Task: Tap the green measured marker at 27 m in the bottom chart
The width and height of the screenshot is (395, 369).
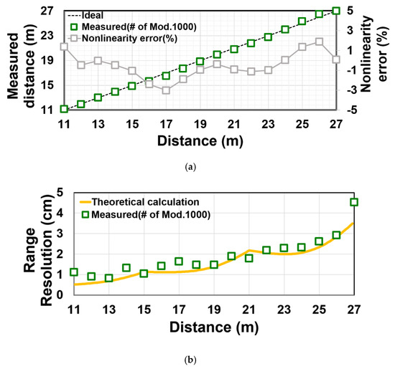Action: (353, 202)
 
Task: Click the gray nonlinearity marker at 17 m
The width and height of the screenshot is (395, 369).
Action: (166, 90)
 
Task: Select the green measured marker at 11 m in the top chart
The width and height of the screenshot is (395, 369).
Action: (64, 109)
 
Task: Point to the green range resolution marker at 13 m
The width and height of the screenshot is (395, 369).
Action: (109, 278)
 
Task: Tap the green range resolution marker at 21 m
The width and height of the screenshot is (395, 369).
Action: (249, 258)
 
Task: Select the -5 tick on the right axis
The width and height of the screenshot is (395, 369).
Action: (366, 109)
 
